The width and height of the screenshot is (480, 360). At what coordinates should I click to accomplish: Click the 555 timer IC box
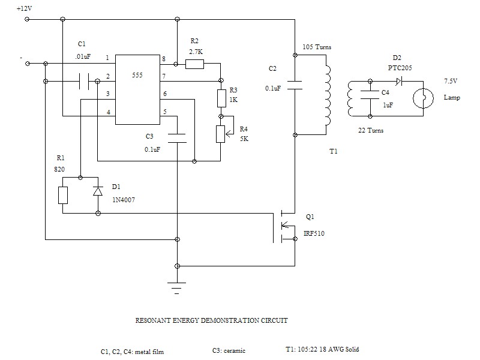[137, 89]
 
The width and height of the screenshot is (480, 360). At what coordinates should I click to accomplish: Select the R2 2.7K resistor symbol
[194, 64]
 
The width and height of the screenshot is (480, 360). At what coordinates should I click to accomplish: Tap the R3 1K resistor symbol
[221, 98]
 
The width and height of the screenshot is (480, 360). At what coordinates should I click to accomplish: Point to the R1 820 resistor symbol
[63, 196]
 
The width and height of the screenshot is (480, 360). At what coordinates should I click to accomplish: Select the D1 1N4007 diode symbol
[98, 191]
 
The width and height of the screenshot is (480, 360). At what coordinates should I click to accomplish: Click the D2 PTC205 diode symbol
[399, 82]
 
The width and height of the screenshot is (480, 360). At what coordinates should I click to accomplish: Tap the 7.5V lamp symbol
[424, 98]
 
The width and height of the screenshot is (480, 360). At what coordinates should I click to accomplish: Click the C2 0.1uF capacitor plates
[295, 85]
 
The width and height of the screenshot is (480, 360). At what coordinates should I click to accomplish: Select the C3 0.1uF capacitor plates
[177, 138]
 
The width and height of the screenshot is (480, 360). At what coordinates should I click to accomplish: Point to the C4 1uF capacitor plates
[370, 95]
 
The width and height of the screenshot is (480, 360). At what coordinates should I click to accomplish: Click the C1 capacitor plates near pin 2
[84, 82]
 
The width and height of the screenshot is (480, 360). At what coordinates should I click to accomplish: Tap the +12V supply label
[24, 8]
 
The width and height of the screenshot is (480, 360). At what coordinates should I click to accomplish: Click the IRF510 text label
[314, 233]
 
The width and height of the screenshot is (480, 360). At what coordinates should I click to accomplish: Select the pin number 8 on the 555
[164, 59]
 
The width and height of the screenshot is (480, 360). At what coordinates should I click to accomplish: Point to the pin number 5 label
[165, 112]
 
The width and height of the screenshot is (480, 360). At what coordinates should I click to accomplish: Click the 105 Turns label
[317, 47]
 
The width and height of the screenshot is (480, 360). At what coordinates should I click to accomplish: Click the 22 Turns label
[371, 130]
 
